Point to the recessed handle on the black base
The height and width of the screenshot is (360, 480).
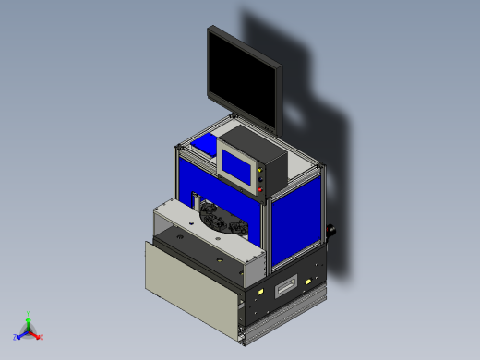288,284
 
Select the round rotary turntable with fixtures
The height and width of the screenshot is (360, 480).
222,220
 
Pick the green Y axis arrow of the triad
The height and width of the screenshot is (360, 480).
30,317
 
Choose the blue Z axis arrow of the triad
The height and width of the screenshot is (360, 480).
18,336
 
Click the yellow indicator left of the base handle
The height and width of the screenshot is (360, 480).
263,292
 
